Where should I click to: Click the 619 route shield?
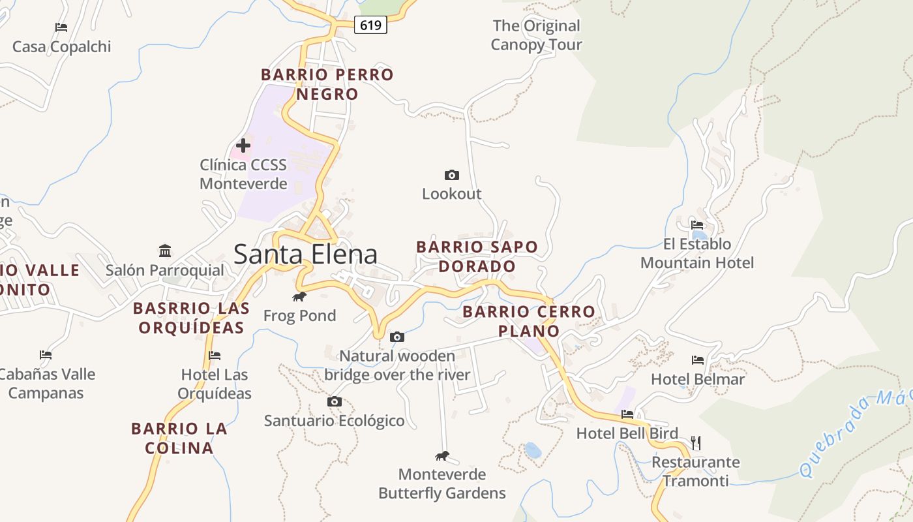(x=370, y=25)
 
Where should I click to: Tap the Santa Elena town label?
(x=305, y=254)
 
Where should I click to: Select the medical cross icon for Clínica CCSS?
(x=243, y=146)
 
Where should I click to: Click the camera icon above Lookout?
(x=451, y=175)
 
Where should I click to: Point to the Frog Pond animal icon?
(x=299, y=297)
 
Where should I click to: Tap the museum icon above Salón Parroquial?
(x=165, y=251)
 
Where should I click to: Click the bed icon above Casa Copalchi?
(x=61, y=27)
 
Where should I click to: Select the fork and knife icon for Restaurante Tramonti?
(x=696, y=443)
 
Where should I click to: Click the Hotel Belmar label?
(x=698, y=379)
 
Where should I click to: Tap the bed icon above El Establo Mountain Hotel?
(x=697, y=225)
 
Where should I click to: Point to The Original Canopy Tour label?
(x=536, y=35)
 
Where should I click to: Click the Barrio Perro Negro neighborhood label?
(x=327, y=84)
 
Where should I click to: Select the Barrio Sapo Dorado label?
(x=477, y=256)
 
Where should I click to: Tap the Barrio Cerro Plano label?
(x=529, y=321)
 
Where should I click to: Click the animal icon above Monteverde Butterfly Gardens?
(x=442, y=455)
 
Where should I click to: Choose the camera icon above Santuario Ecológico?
(x=335, y=401)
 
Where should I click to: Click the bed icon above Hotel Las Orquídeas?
(x=215, y=356)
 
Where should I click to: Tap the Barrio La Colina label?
(x=179, y=438)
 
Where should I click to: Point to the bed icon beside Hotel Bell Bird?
(x=627, y=414)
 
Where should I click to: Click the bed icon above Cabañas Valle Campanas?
(x=46, y=355)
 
